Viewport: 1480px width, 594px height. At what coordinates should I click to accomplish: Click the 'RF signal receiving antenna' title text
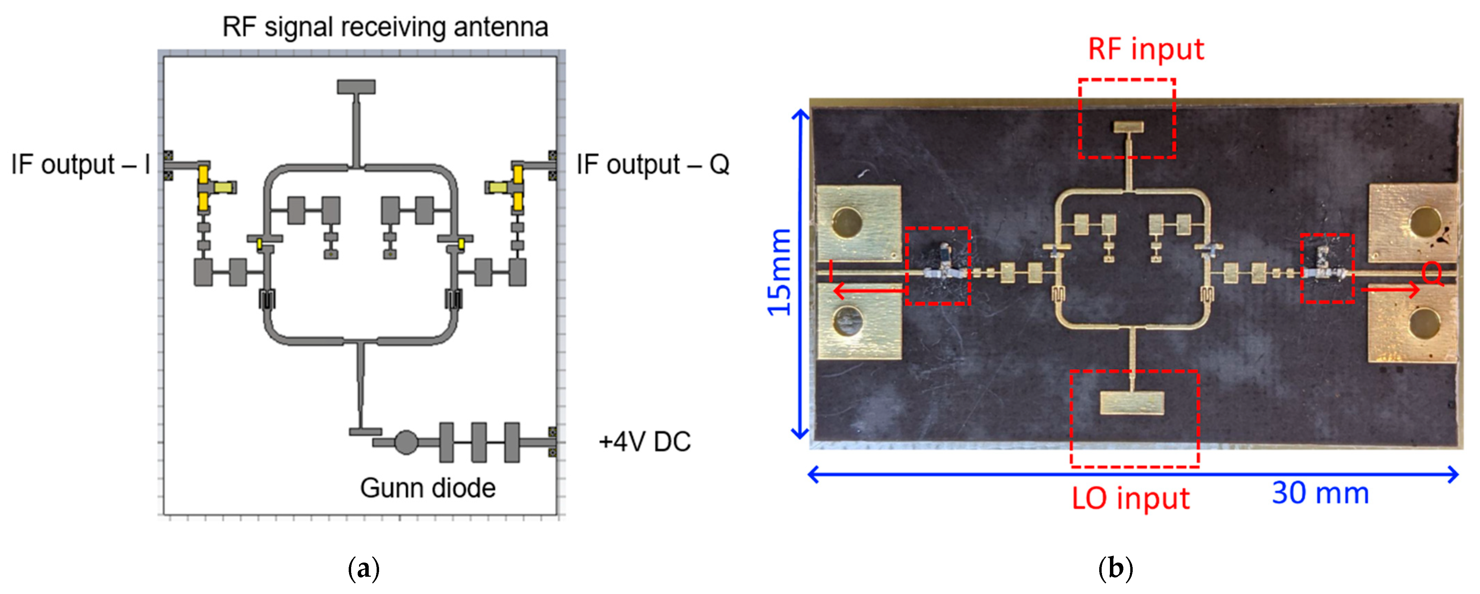click(385, 27)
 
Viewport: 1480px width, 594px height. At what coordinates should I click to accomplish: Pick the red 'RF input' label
click(1146, 49)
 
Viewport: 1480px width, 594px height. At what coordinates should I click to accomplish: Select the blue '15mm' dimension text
click(779, 272)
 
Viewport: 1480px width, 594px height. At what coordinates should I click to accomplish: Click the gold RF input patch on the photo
click(1128, 127)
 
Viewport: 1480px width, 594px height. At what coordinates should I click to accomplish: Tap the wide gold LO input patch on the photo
click(1131, 403)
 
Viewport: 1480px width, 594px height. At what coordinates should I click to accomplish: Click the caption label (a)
click(364, 569)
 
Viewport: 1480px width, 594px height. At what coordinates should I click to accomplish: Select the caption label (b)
click(1115, 569)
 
